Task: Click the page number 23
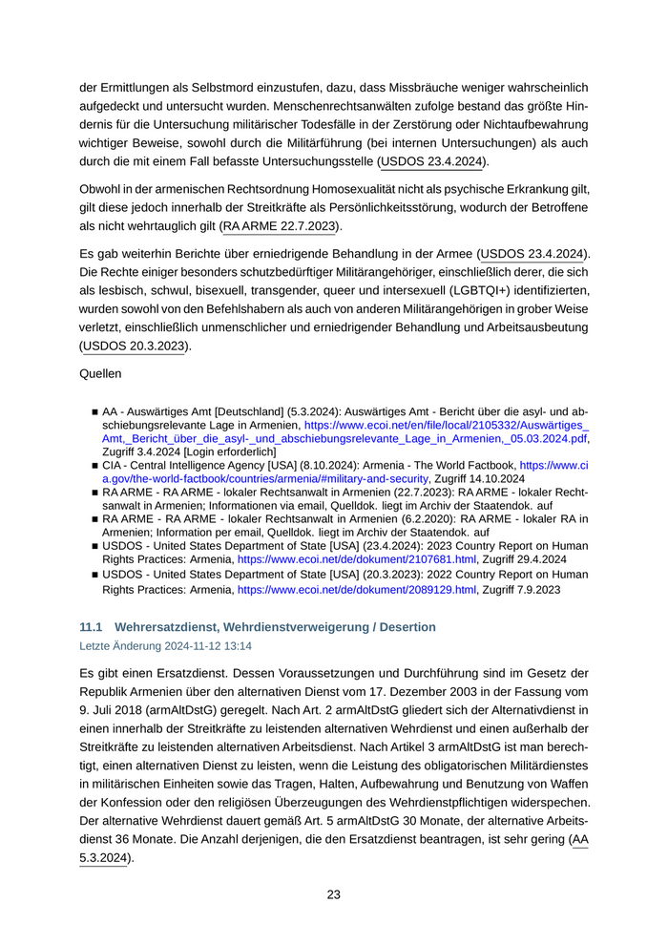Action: tap(333, 894)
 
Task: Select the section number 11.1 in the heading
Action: tap(91, 627)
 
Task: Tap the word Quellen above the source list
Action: tap(101, 374)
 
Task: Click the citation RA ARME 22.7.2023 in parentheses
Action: tap(279, 226)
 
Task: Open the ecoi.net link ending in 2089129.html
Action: tap(356, 590)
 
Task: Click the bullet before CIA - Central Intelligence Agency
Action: tap(95, 466)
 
